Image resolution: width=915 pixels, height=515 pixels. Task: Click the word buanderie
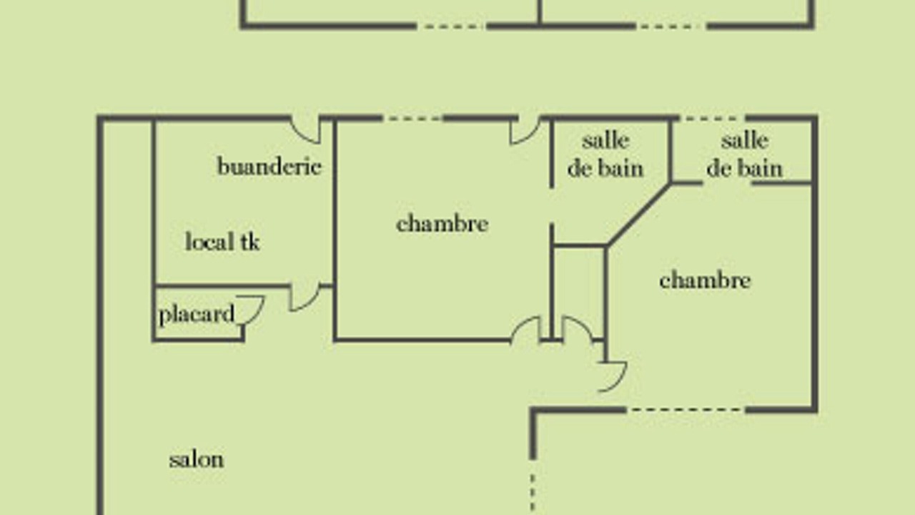[x=269, y=166]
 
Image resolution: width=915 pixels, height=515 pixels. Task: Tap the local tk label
[x=222, y=241]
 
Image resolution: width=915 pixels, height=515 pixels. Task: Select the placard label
[x=197, y=315]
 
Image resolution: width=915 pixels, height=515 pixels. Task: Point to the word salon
[x=197, y=460]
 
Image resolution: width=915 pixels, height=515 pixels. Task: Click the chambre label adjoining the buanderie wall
[x=442, y=224]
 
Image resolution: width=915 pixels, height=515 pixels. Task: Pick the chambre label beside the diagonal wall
[x=705, y=280]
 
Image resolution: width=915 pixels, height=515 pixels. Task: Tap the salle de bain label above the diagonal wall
[x=605, y=154]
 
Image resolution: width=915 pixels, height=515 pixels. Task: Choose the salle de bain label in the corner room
[x=745, y=154]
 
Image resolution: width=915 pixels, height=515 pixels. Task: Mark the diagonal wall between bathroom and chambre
[x=639, y=215]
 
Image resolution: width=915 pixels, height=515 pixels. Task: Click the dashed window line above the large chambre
[x=413, y=119]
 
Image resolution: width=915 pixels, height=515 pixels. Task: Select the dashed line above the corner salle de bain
[x=713, y=119]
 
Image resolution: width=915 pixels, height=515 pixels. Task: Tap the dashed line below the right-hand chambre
[x=686, y=410]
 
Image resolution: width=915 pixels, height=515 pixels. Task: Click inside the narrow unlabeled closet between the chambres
[x=579, y=293]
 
